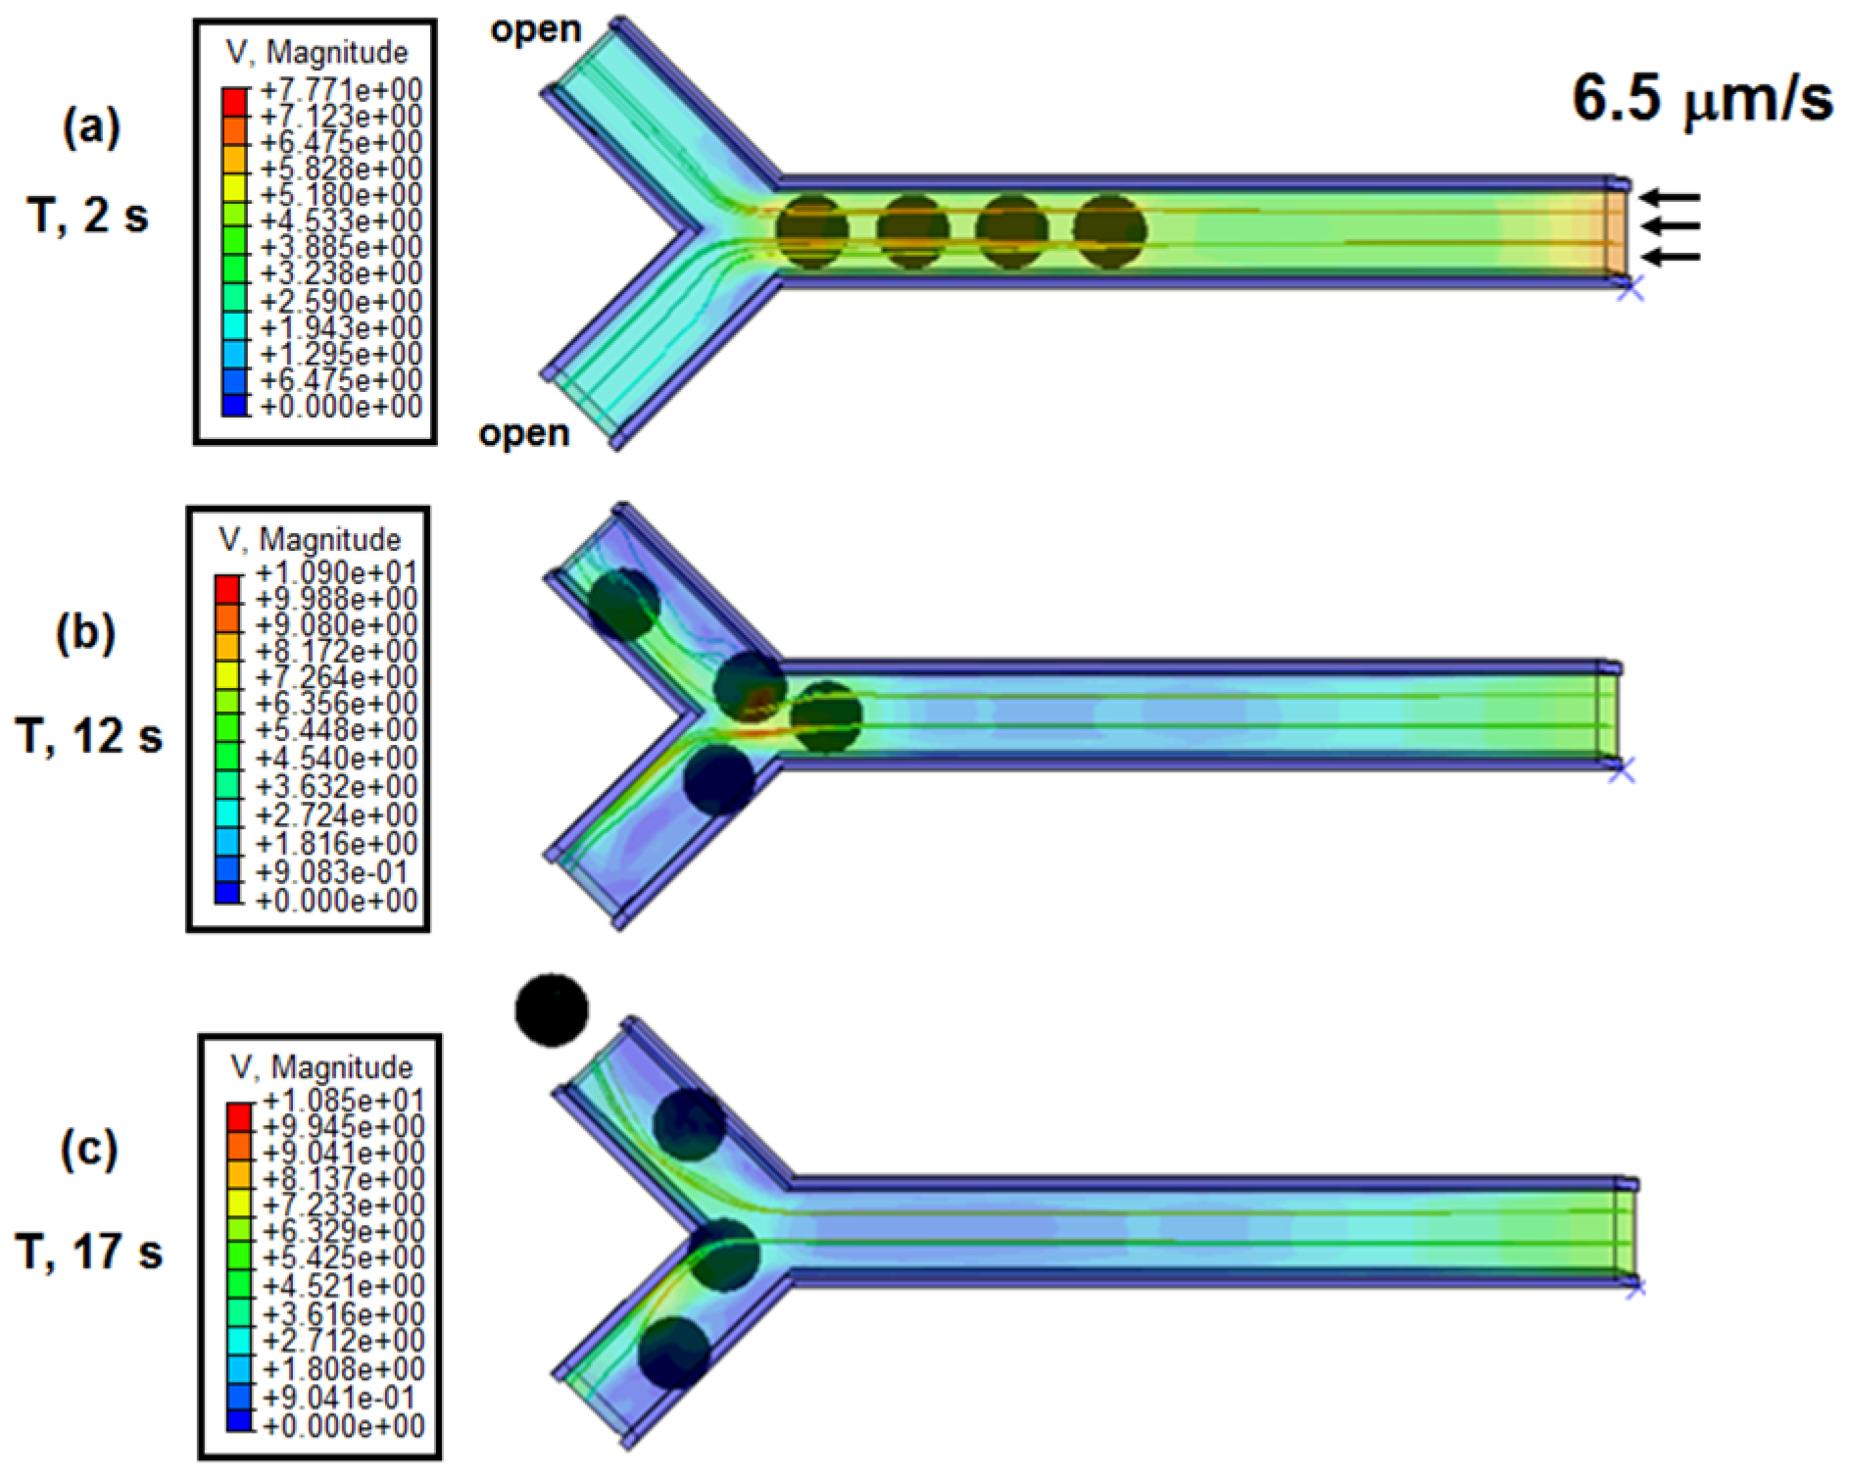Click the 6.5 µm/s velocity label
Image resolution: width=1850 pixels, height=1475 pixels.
pyautogui.click(x=1702, y=99)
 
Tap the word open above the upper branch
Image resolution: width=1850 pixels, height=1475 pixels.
pyautogui.click(x=536, y=30)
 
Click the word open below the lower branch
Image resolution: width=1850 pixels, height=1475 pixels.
pyautogui.click(x=524, y=433)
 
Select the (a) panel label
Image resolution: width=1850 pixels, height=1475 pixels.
pyautogui.click(x=91, y=127)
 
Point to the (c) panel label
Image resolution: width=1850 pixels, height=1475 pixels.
pyautogui.click(x=89, y=1149)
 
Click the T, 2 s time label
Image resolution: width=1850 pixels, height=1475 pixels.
pyautogui.click(x=88, y=216)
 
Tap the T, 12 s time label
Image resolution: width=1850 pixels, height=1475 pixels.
pyautogui.click(x=88, y=735)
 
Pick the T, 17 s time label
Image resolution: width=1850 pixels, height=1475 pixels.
pyautogui.click(x=88, y=1252)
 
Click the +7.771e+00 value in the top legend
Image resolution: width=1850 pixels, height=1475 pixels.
pyautogui.click(x=340, y=91)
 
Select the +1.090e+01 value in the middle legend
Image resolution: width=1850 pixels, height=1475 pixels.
pyautogui.click(x=336, y=572)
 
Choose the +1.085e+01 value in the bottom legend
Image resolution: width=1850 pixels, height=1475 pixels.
pyautogui.click(x=343, y=1101)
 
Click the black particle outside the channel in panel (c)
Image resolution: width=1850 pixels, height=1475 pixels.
pyautogui.click(x=552, y=1009)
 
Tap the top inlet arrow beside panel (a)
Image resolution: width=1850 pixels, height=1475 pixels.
pyautogui.click(x=1670, y=197)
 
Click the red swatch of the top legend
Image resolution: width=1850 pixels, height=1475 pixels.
pyautogui.click(x=235, y=100)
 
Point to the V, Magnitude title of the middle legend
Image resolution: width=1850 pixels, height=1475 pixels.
pyautogui.click(x=310, y=539)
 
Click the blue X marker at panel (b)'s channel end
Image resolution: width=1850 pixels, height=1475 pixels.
pyautogui.click(x=1623, y=771)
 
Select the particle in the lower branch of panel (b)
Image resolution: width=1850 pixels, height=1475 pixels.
pyautogui.click(x=720, y=779)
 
